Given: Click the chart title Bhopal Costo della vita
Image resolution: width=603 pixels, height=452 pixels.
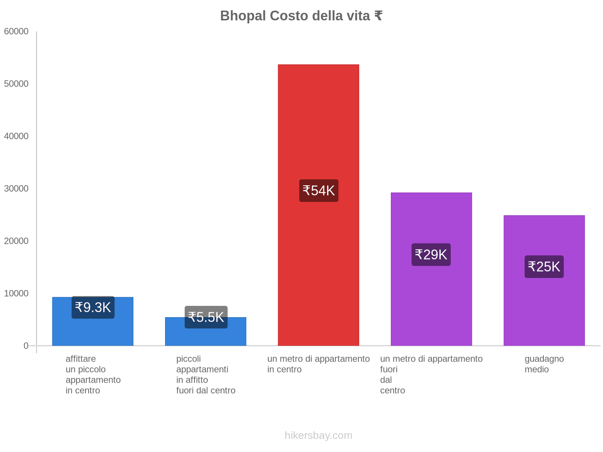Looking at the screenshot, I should pyautogui.click(x=301, y=16).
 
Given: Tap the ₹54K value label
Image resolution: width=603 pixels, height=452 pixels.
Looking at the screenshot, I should pyautogui.click(x=319, y=191).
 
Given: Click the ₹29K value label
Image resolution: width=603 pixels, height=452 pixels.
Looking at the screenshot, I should pyautogui.click(x=431, y=255).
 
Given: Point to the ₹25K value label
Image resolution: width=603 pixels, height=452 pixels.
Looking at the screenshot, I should pyautogui.click(x=544, y=267).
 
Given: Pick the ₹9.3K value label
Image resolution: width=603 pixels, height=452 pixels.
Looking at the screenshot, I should pyautogui.click(x=93, y=307).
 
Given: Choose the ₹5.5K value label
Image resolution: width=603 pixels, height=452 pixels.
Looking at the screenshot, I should pyautogui.click(x=206, y=317).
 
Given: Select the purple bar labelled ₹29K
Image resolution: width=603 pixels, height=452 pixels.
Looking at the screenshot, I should pyautogui.click(x=431, y=301).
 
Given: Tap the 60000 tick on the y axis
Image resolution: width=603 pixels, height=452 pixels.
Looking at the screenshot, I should pyautogui.click(x=17, y=31).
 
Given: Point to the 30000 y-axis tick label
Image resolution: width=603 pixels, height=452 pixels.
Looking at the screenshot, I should pyautogui.click(x=17, y=188).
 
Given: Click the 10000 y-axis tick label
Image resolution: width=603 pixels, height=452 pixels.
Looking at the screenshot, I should pyautogui.click(x=17, y=293).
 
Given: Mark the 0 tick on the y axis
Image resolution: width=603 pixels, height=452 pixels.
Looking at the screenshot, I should pyautogui.click(x=26, y=345).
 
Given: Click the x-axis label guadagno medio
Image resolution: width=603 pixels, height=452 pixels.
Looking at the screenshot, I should pyautogui.click(x=544, y=364).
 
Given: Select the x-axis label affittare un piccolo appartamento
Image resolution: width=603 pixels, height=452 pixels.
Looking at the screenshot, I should pyautogui.click(x=93, y=374).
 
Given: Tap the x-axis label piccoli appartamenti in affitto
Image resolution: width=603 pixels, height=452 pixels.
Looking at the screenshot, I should pyautogui.click(x=206, y=374).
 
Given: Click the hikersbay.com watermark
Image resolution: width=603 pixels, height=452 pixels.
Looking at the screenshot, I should pyautogui.click(x=318, y=435).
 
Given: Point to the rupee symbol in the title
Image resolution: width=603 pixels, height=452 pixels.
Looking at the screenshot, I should pyautogui.click(x=378, y=16).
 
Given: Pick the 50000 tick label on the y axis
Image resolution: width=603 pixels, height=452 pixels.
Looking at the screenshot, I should pyautogui.click(x=17, y=84).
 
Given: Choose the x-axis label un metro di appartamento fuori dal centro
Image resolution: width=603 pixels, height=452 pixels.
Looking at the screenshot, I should pyautogui.click(x=431, y=374).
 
